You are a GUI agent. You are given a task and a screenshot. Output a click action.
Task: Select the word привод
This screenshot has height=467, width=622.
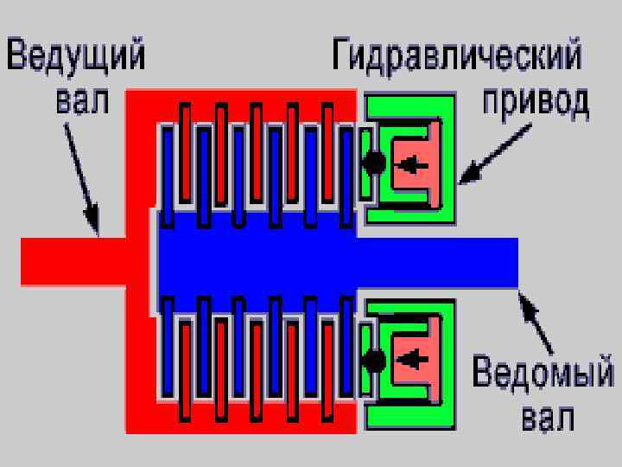(x=536, y=100)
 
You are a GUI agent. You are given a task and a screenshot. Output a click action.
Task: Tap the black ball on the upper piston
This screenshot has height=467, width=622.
(x=375, y=163)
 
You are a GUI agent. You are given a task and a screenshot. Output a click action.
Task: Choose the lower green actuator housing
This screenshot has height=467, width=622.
(x=409, y=415)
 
